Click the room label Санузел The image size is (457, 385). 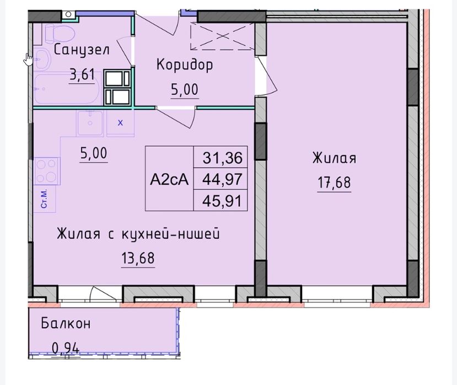pyautogui.click(x=82, y=50)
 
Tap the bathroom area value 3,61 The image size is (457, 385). pyautogui.click(x=82, y=74)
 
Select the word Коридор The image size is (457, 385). pyautogui.click(x=185, y=65)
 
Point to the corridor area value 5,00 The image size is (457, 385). pyautogui.click(x=184, y=90)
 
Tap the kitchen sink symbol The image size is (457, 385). pyautogui.click(x=90, y=123)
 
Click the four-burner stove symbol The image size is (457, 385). pyautogui.click(x=47, y=171)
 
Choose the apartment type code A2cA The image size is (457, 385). pyautogui.click(x=169, y=179)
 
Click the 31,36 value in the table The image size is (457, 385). pyautogui.click(x=222, y=158)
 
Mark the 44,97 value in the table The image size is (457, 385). pyautogui.click(x=222, y=179)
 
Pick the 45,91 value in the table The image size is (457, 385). pyautogui.click(x=222, y=201)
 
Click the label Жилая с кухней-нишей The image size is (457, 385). pyautogui.click(x=138, y=234)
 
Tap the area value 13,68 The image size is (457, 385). pyautogui.click(x=138, y=258)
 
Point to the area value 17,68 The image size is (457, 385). pyautogui.click(x=334, y=183)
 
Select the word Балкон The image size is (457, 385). pyautogui.click(x=66, y=324)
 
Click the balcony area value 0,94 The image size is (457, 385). pyautogui.click(x=66, y=348)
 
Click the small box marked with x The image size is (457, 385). pyautogui.click(x=121, y=123)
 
